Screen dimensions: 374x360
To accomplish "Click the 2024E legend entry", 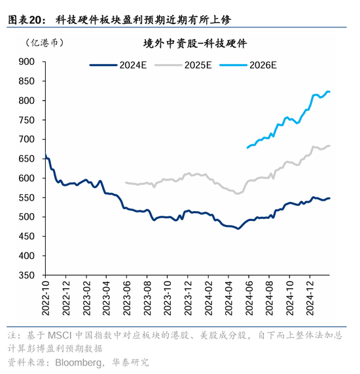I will click(x=118, y=65).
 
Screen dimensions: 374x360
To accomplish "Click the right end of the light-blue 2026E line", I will click(x=329, y=92).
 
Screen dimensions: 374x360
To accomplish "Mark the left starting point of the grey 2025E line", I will click(x=126, y=182).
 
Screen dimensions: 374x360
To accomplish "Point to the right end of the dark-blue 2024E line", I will click(x=329, y=198).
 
